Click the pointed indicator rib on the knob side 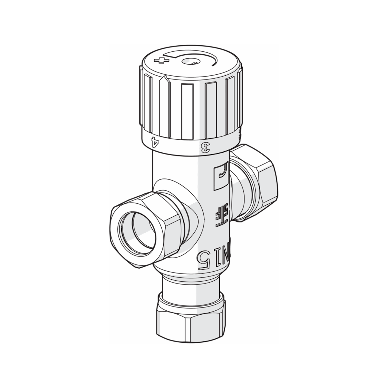tap(164, 103)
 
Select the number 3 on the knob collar tap(204, 148)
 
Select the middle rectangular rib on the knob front tap(188, 110)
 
